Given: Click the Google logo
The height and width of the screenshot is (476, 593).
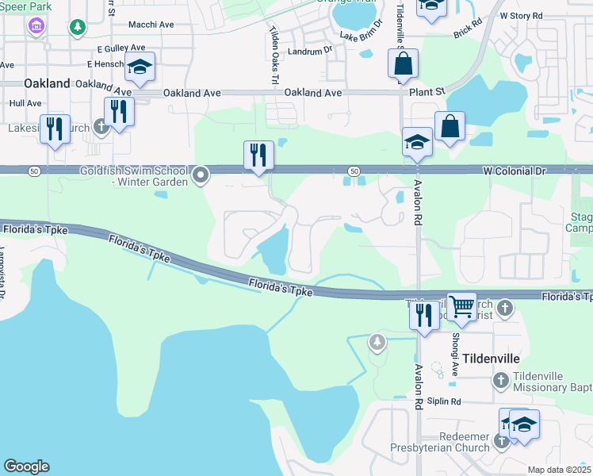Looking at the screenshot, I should [x=26, y=466].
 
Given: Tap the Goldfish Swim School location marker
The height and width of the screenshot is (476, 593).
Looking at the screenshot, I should [x=201, y=175].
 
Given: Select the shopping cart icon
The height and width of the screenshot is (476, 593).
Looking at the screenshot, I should [x=461, y=305].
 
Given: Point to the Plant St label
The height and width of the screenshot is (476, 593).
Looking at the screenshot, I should [x=428, y=93].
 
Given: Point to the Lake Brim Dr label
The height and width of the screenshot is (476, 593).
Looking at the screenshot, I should [x=362, y=36].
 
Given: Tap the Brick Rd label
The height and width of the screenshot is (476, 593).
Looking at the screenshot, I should [x=467, y=34].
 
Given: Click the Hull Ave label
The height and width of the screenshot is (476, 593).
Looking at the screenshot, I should [x=25, y=103].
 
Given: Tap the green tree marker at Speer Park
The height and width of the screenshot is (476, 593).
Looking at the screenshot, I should [x=77, y=28].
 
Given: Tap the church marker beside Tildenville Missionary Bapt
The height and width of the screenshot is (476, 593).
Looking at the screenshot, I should [x=500, y=381].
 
